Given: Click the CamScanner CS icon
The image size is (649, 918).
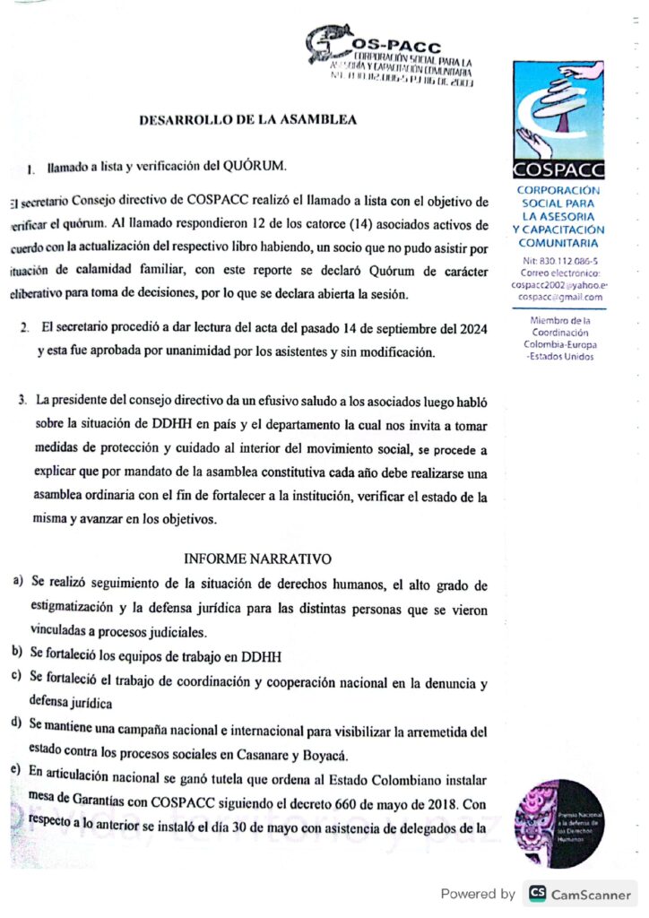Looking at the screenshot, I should [x=538, y=893].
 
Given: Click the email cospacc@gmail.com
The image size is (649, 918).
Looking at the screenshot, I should [x=559, y=297].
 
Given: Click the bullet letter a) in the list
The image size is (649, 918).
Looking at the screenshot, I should [x=18, y=584].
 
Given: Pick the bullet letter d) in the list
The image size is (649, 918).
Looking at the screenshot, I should [x=18, y=722].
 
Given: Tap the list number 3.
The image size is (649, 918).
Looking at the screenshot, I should [x=22, y=397].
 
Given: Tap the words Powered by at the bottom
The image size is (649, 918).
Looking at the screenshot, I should [x=478, y=893].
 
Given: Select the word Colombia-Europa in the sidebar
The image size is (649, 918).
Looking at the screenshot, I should [x=559, y=344].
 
